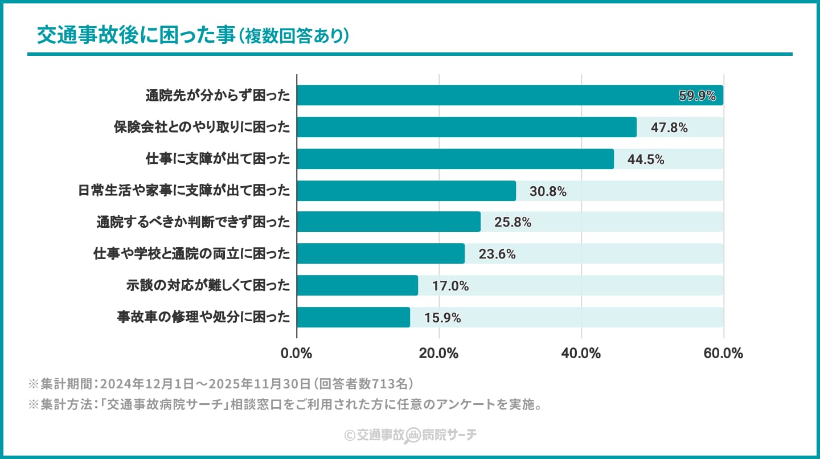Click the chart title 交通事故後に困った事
coord(136,35)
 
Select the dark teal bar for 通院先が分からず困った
coord(484,95)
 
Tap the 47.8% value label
coord(669,128)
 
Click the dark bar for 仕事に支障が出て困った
coord(456,159)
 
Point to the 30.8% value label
coord(548,191)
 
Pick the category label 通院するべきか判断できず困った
coord(193,222)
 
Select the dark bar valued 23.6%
coord(380,253)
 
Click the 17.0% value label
coord(450,286)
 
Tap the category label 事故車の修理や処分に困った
coord(203,317)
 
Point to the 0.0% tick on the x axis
coord(297,353)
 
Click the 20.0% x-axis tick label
coord(438,353)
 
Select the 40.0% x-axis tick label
coord(581,353)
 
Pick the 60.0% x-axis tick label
coord(723,353)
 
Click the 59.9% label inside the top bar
coord(697,96)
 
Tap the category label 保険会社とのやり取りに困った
coord(202,128)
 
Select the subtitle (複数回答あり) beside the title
coord(293,36)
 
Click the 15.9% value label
coord(442,318)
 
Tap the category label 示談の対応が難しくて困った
coord(208,286)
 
